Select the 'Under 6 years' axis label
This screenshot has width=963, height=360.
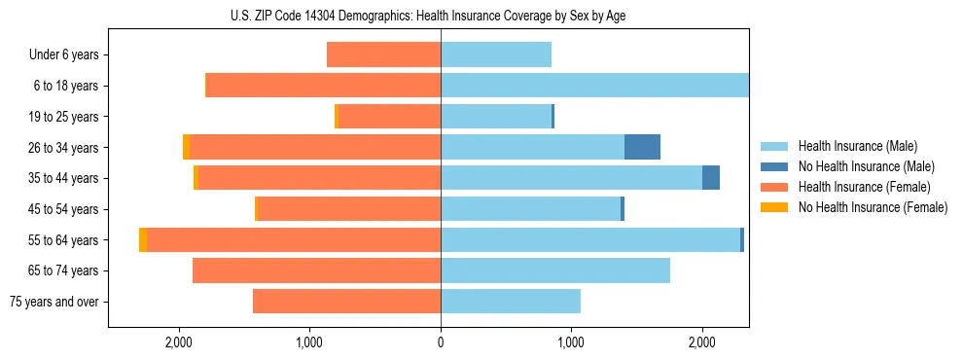(x=64, y=54)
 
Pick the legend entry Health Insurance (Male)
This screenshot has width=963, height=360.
(x=857, y=146)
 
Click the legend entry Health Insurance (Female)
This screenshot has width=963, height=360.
(x=864, y=187)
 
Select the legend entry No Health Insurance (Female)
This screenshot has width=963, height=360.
(x=873, y=207)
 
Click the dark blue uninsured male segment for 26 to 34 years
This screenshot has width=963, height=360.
(x=642, y=147)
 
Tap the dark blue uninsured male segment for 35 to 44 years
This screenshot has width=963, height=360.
(x=711, y=178)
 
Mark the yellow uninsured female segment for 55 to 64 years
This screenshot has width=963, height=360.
(x=143, y=240)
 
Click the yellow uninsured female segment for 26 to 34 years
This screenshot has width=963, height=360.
(x=186, y=147)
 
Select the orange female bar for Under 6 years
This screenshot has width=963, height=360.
(x=383, y=54)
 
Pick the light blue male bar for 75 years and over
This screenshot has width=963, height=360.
(x=511, y=302)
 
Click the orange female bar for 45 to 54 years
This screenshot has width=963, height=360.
(x=348, y=209)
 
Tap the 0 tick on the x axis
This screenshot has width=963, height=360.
(x=441, y=342)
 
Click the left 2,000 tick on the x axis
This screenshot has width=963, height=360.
(x=179, y=342)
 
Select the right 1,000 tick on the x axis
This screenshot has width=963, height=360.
(x=571, y=342)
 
